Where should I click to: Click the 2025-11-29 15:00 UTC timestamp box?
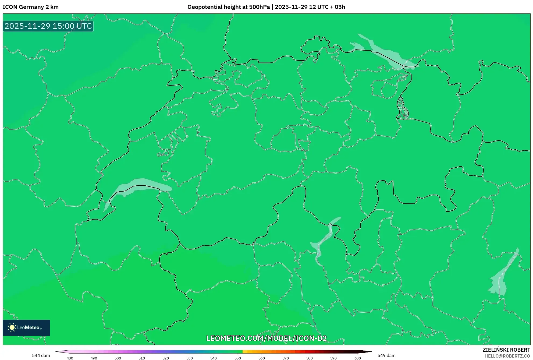[x=48, y=26]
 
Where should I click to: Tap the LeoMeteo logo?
[x=26, y=327]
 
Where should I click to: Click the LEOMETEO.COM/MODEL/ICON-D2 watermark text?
[x=266, y=338]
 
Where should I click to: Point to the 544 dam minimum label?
[x=41, y=355]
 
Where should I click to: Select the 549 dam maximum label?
[x=386, y=355]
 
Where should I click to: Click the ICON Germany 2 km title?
[x=31, y=7]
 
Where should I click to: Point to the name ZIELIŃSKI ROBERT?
[x=506, y=350]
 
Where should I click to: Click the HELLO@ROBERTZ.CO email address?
[x=507, y=356]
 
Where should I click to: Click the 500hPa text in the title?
[x=259, y=7]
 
